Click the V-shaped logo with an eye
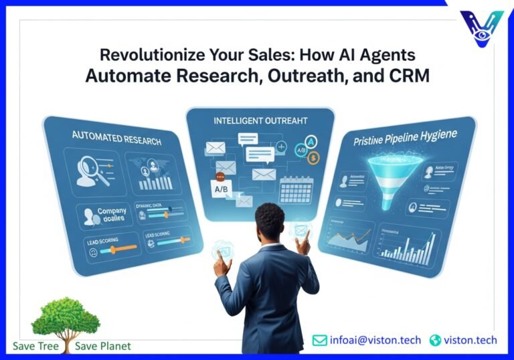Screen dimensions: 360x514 coord(483,28)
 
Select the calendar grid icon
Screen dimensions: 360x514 coord(297,190)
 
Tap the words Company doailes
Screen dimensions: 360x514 coord(112,215)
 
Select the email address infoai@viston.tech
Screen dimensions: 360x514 coord(375,340)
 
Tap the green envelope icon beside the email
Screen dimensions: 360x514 coord(320,340)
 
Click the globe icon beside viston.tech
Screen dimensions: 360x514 coord(436,340)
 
